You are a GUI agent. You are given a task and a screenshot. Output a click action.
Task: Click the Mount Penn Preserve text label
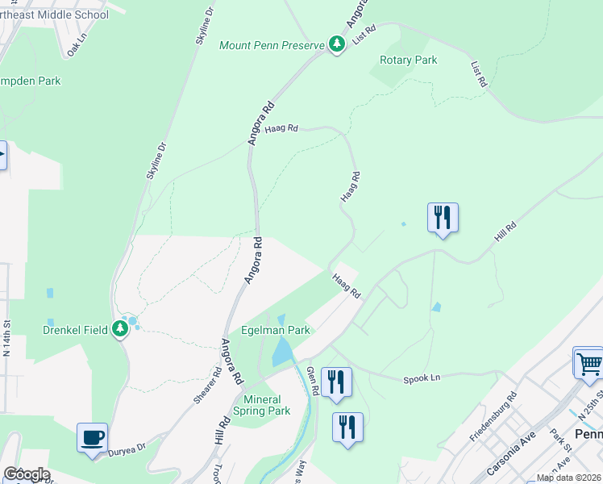coord(272,44)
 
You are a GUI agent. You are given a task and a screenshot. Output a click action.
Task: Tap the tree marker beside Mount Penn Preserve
coord(337,44)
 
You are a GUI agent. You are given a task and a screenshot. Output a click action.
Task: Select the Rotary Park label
coord(408,60)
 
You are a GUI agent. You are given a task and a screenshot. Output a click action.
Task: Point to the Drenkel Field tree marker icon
coord(120,328)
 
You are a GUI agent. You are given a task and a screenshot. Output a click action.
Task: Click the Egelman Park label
coord(276,331)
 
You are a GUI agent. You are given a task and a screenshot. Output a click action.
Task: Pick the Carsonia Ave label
coord(511,457)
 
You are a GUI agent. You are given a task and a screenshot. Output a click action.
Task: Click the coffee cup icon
coord(93,437)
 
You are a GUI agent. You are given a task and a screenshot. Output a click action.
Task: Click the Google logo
coord(27,474)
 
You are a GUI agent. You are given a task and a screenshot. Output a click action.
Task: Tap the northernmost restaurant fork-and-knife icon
coord(443,217)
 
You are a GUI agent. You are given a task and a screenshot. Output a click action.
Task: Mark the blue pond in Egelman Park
coord(283,351)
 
